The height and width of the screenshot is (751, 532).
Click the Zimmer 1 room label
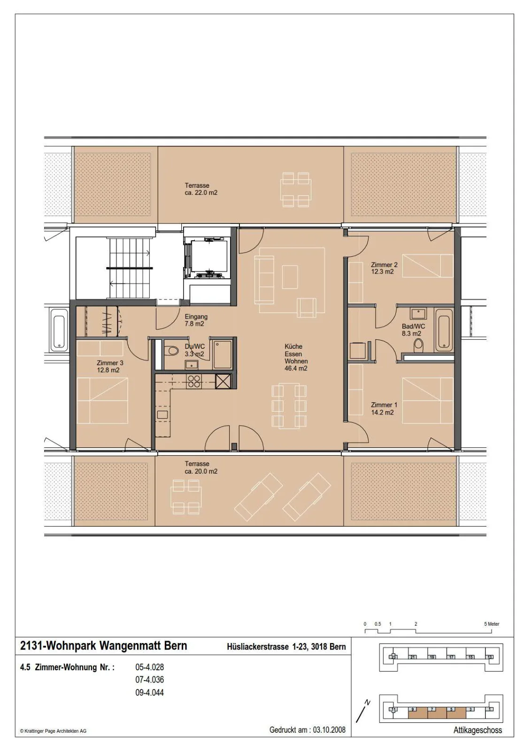(x=384, y=404)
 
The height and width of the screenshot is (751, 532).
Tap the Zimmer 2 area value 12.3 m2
(x=382, y=272)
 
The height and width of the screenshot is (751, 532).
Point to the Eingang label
(x=196, y=316)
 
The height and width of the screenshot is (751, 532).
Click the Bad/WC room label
(x=413, y=326)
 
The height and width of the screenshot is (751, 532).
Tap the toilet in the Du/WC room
(x=172, y=351)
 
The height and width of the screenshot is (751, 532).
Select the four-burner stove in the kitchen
(x=194, y=382)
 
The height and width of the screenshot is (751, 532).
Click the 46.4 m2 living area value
(x=296, y=368)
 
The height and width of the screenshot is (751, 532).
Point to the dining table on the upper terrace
(x=296, y=190)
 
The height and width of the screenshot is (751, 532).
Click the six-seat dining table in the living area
(x=289, y=406)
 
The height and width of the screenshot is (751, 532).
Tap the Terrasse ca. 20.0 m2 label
(x=201, y=467)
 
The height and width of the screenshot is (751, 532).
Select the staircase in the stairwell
(x=130, y=268)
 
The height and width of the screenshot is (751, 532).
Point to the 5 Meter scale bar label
(x=492, y=624)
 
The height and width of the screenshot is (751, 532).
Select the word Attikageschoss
(x=478, y=730)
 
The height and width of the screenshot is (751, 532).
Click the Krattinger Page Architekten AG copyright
(x=53, y=731)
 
